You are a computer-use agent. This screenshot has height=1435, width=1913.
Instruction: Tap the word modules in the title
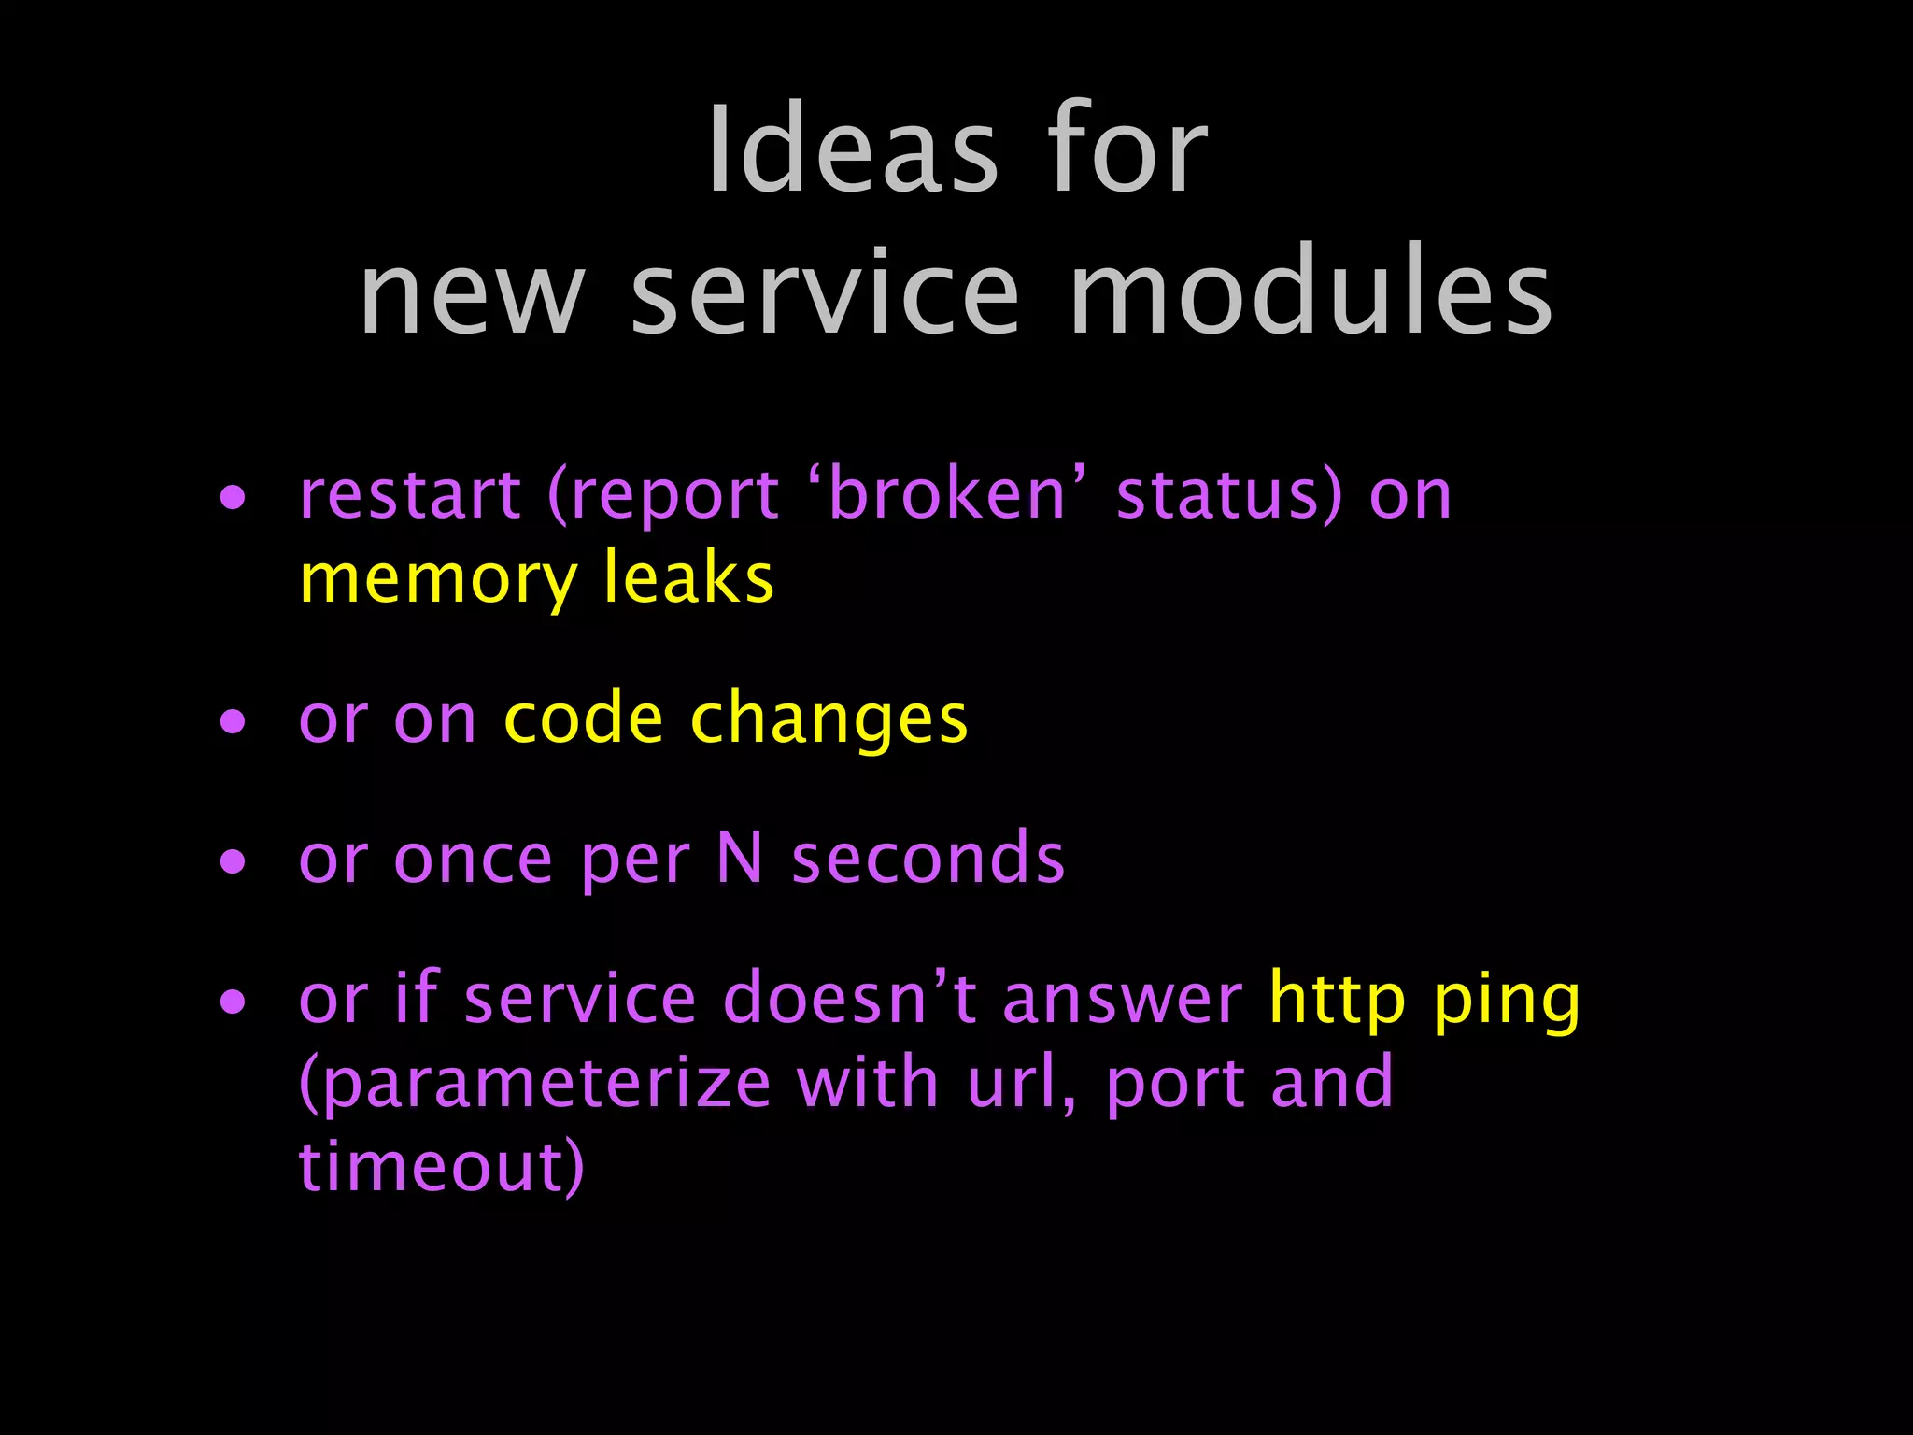click(1311, 291)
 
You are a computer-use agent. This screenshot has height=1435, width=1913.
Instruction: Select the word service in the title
click(826, 291)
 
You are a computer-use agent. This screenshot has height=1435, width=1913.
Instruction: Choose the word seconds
click(928, 859)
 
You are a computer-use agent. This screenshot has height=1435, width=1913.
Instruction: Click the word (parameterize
click(535, 1085)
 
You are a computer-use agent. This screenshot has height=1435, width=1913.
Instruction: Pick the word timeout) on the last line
click(442, 1167)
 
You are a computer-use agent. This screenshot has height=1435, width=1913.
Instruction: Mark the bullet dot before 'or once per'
click(233, 861)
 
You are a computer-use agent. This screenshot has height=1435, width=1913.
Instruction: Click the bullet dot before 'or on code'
click(233, 721)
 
